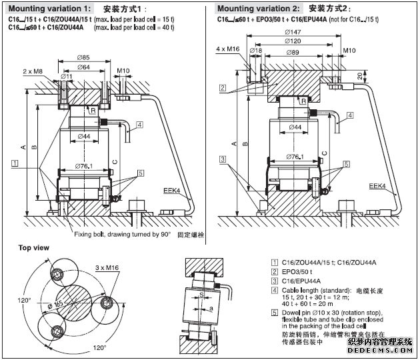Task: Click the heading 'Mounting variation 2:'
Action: click(259, 9)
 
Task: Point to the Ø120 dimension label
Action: click(291, 41)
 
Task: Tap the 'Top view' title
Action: click(34, 248)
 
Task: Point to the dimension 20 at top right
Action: click(361, 77)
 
